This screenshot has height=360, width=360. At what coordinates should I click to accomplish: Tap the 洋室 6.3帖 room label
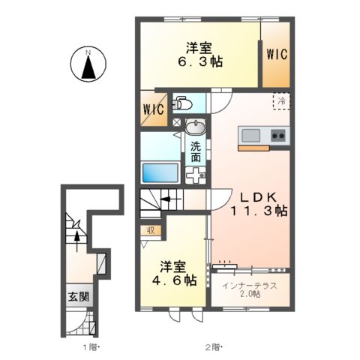(x=198, y=53)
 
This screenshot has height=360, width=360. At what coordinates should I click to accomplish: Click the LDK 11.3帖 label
(x=252, y=204)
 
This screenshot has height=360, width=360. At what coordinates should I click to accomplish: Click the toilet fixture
(x=182, y=102)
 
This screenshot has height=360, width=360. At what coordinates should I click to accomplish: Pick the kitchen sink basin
(x=250, y=136)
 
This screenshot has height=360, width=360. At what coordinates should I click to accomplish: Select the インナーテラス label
(x=251, y=286)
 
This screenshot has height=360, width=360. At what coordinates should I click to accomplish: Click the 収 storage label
(x=150, y=231)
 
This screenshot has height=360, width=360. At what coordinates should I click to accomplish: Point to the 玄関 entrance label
(x=79, y=296)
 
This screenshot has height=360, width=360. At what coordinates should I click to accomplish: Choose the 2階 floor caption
(x=213, y=346)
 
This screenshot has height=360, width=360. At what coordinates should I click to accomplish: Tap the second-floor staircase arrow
(x=163, y=201)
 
